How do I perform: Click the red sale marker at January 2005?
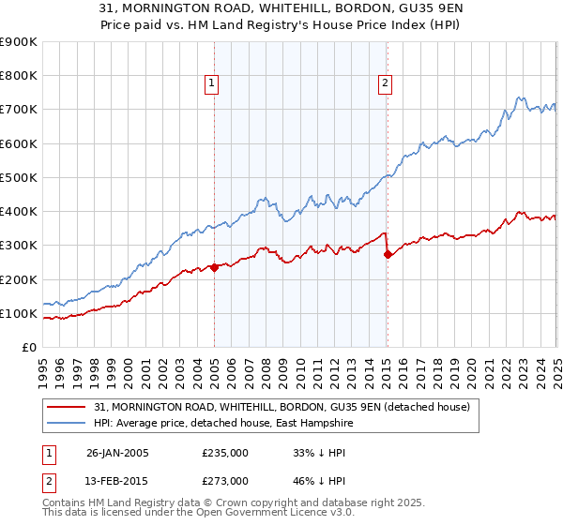[214, 267]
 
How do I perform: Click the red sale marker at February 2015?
[387, 254]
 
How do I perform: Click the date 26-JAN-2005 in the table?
[117, 452]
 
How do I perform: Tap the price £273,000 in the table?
[224, 480]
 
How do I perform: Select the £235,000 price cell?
[224, 452]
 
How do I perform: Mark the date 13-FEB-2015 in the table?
[117, 480]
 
